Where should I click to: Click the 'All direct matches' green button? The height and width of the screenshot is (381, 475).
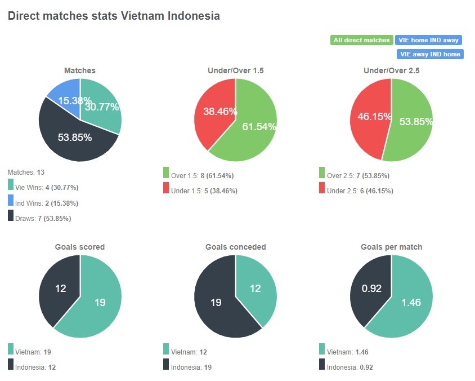coord(361,40)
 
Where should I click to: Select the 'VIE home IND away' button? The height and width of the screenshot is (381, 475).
coord(429,40)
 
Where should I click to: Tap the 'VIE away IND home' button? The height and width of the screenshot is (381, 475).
coord(430,54)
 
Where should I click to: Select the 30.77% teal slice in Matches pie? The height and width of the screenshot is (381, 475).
coord(101,104)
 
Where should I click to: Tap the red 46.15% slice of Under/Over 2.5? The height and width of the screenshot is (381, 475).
coord(369,118)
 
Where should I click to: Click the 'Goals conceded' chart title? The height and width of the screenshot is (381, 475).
coord(235,247)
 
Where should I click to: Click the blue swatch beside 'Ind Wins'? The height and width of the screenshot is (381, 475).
coord(11,200)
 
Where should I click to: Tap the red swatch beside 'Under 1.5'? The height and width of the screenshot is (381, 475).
coord(166,188)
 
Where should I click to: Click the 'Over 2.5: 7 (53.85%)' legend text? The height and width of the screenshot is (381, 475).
coord(359,176)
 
